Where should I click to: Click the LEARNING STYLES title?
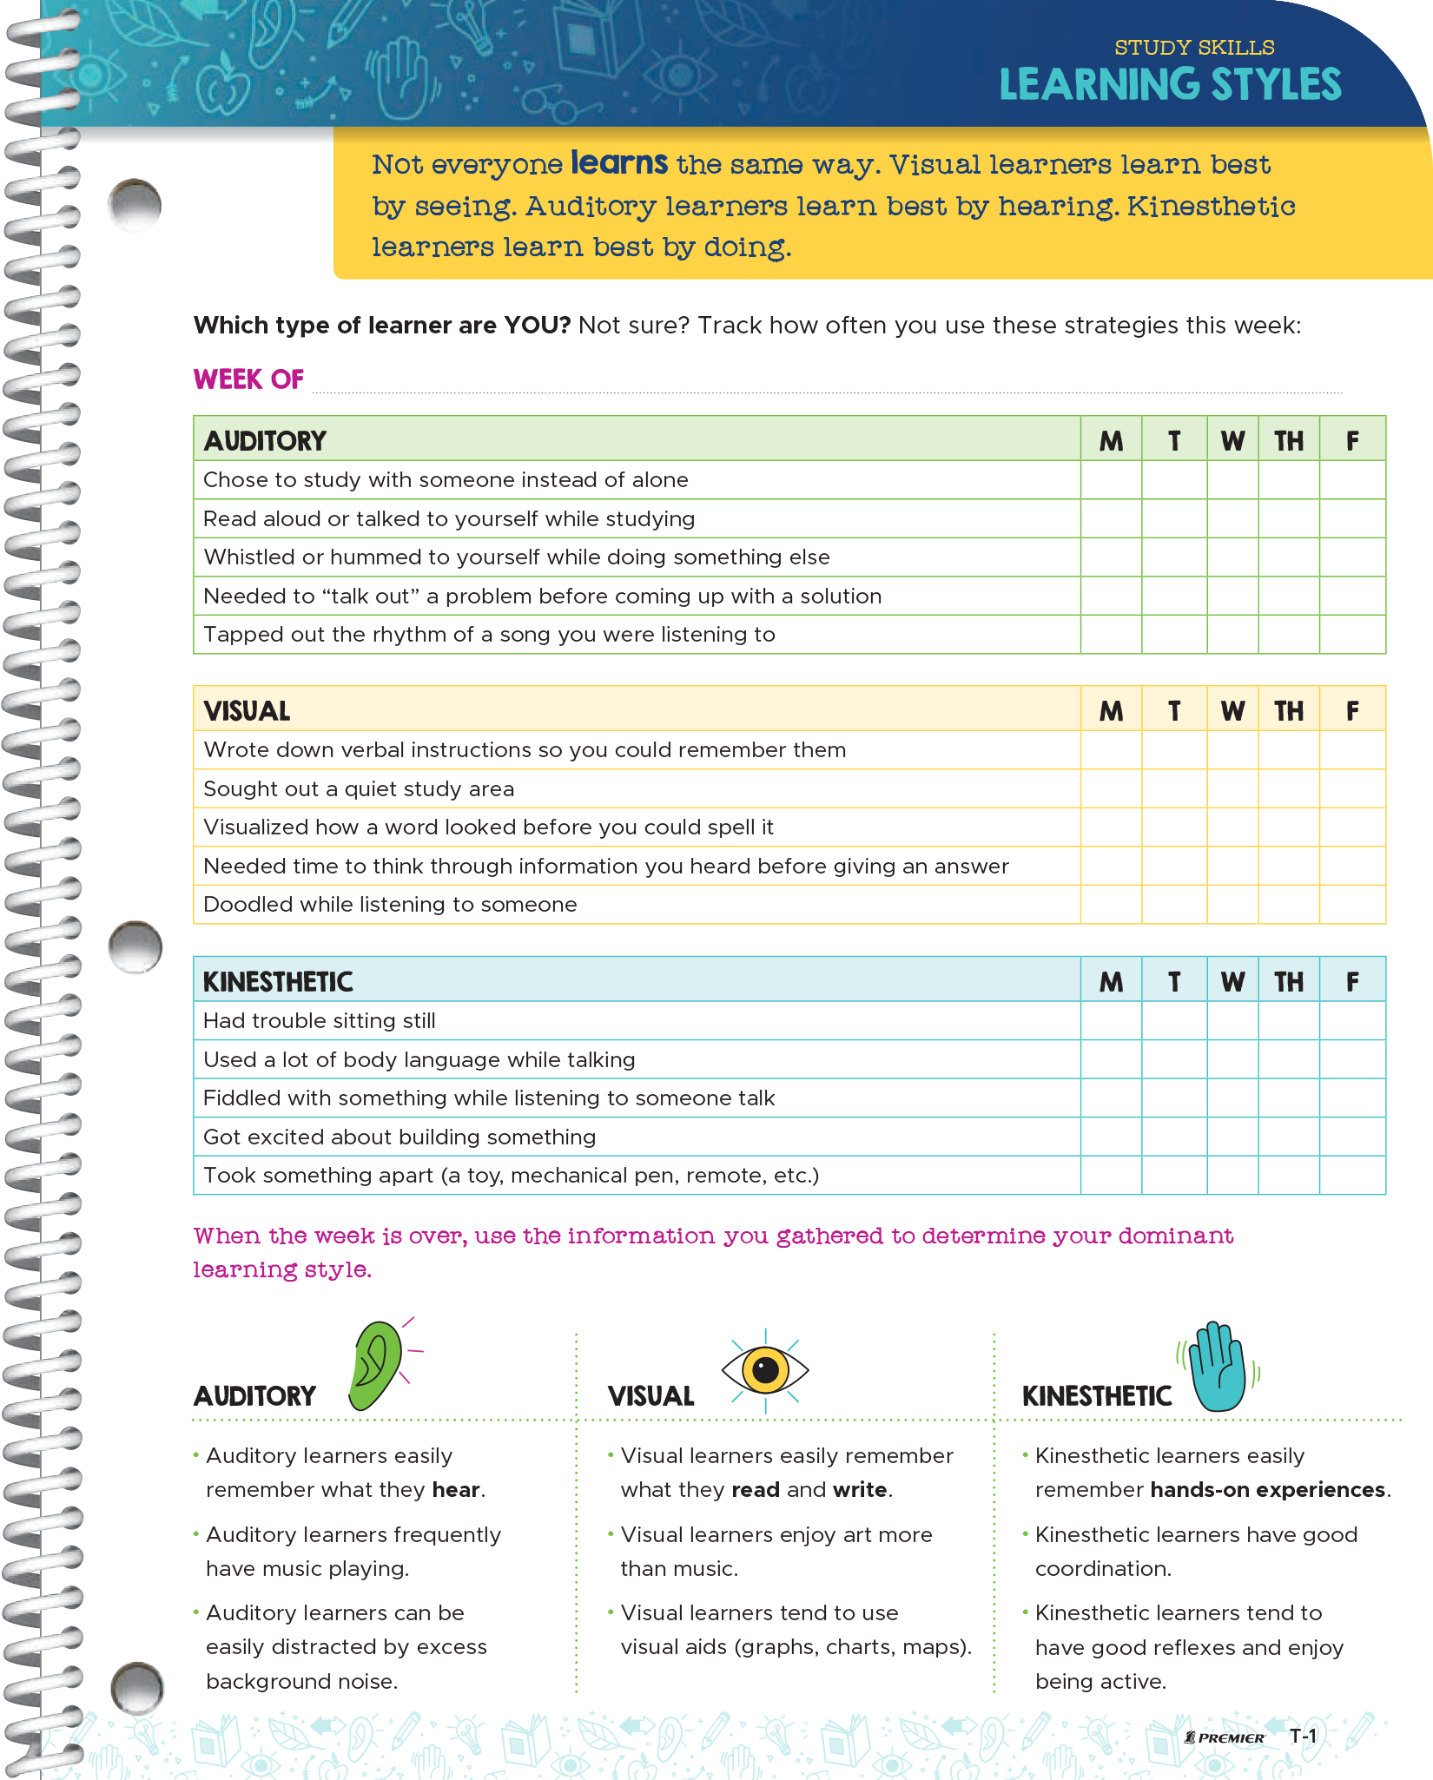pos(1170,85)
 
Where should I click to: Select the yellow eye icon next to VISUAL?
pos(765,1370)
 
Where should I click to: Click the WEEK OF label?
pos(248,379)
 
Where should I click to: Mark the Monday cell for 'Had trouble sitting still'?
pos(1111,1020)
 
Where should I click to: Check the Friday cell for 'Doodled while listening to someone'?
pos(1352,905)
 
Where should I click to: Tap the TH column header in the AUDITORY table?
pos(1289,441)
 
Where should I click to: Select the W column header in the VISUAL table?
pos(1232,711)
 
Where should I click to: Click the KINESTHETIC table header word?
pos(278,982)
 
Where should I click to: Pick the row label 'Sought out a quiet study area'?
pos(359,788)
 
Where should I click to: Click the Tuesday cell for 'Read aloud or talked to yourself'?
pos(1174,518)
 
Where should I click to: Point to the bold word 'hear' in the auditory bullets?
pos(456,1490)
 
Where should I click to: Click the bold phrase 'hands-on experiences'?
pos(1267,1490)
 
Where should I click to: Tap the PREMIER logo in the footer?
pos(1225,1737)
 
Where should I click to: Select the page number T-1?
pos(1303,1736)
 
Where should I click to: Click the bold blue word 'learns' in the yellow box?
pos(619,162)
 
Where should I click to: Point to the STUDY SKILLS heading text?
pos(1194,47)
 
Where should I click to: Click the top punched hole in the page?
pos(135,206)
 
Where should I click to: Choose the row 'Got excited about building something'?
pos(400,1137)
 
